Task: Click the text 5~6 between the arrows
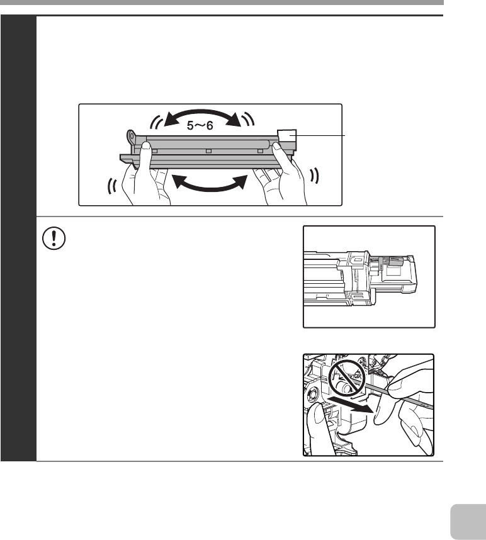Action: pos(200,125)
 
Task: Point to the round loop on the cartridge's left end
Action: pos(132,137)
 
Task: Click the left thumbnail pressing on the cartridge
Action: pos(146,146)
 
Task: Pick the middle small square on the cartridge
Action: pos(208,151)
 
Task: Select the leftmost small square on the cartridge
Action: pos(155,151)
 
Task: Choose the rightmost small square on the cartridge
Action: pos(261,151)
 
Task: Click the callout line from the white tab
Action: pos(317,136)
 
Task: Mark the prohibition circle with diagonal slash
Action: pos(346,378)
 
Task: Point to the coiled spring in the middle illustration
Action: pos(375,260)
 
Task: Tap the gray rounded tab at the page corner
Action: pos(468,522)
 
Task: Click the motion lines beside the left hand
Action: pos(112,186)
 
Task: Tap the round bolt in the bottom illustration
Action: pos(313,393)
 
